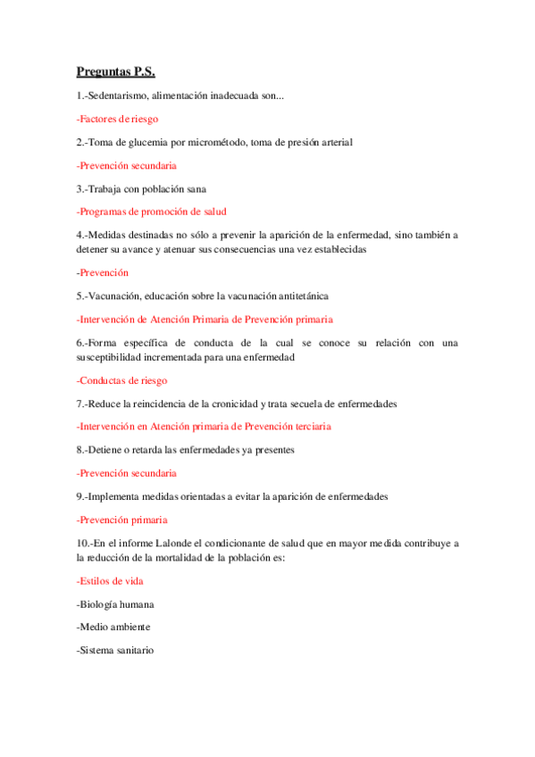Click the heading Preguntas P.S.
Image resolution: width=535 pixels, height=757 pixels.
click(x=116, y=72)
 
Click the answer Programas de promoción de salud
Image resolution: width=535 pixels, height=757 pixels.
click(x=151, y=212)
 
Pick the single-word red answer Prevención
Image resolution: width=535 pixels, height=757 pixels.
click(x=103, y=272)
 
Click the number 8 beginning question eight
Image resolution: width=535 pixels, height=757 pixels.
click(x=79, y=450)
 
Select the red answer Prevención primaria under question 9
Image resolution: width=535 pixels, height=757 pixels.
click(x=121, y=520)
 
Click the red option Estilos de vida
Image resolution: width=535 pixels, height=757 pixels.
click(x=112, y=581)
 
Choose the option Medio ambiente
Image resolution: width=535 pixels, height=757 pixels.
click(x=115, y=628)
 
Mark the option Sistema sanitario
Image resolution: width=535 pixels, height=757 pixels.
click(x=117, y=651)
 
